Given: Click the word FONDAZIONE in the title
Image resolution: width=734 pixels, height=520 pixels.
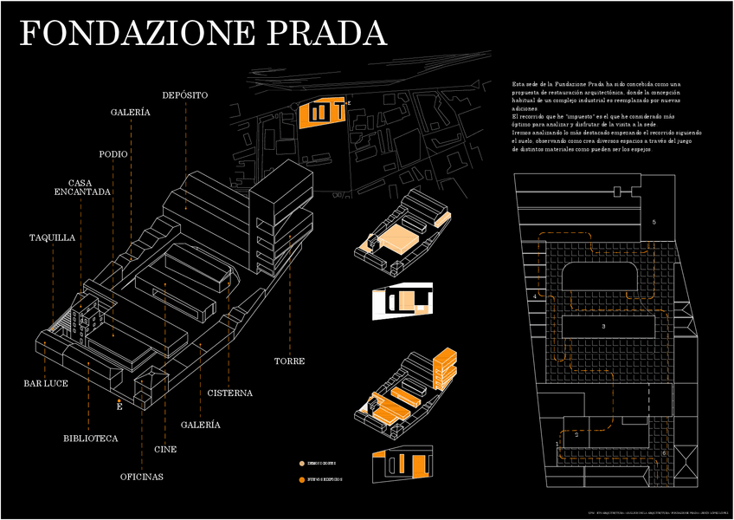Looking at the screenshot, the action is point(139,33).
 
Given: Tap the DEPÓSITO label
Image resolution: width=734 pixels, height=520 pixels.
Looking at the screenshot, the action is point(184,94).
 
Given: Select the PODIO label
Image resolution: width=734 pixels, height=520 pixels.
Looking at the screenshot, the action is point(113,154).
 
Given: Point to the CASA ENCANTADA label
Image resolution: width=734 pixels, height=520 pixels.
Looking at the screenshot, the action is point(83,186).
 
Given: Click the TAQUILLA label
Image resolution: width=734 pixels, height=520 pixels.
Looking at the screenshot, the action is point(52,237).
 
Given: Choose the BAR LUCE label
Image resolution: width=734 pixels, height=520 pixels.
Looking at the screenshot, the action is point(46,383).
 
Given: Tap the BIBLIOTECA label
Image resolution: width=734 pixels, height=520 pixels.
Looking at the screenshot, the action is point(90,439).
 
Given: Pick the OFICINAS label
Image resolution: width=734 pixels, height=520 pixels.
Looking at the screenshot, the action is point(141,477).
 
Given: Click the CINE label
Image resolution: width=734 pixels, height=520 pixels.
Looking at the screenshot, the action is point(165,450).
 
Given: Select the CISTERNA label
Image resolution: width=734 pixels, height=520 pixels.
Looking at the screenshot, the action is point(229,393).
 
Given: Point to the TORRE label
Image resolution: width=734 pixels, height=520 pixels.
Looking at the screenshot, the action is point(289,361).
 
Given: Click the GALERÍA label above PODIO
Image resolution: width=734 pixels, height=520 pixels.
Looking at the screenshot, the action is point(131,113).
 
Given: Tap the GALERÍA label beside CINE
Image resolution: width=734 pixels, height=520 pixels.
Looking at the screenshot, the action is point(200,425).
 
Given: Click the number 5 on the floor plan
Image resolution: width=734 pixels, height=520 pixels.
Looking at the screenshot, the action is point(654,223).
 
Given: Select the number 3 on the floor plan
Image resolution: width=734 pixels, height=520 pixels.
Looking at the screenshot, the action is point(603,326).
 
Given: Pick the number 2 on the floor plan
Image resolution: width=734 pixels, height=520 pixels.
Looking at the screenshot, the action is point(576,434).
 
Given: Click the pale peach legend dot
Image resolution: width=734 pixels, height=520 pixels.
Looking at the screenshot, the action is point(301,464).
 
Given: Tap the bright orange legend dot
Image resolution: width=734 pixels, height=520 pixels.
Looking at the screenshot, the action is point(301,479).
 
